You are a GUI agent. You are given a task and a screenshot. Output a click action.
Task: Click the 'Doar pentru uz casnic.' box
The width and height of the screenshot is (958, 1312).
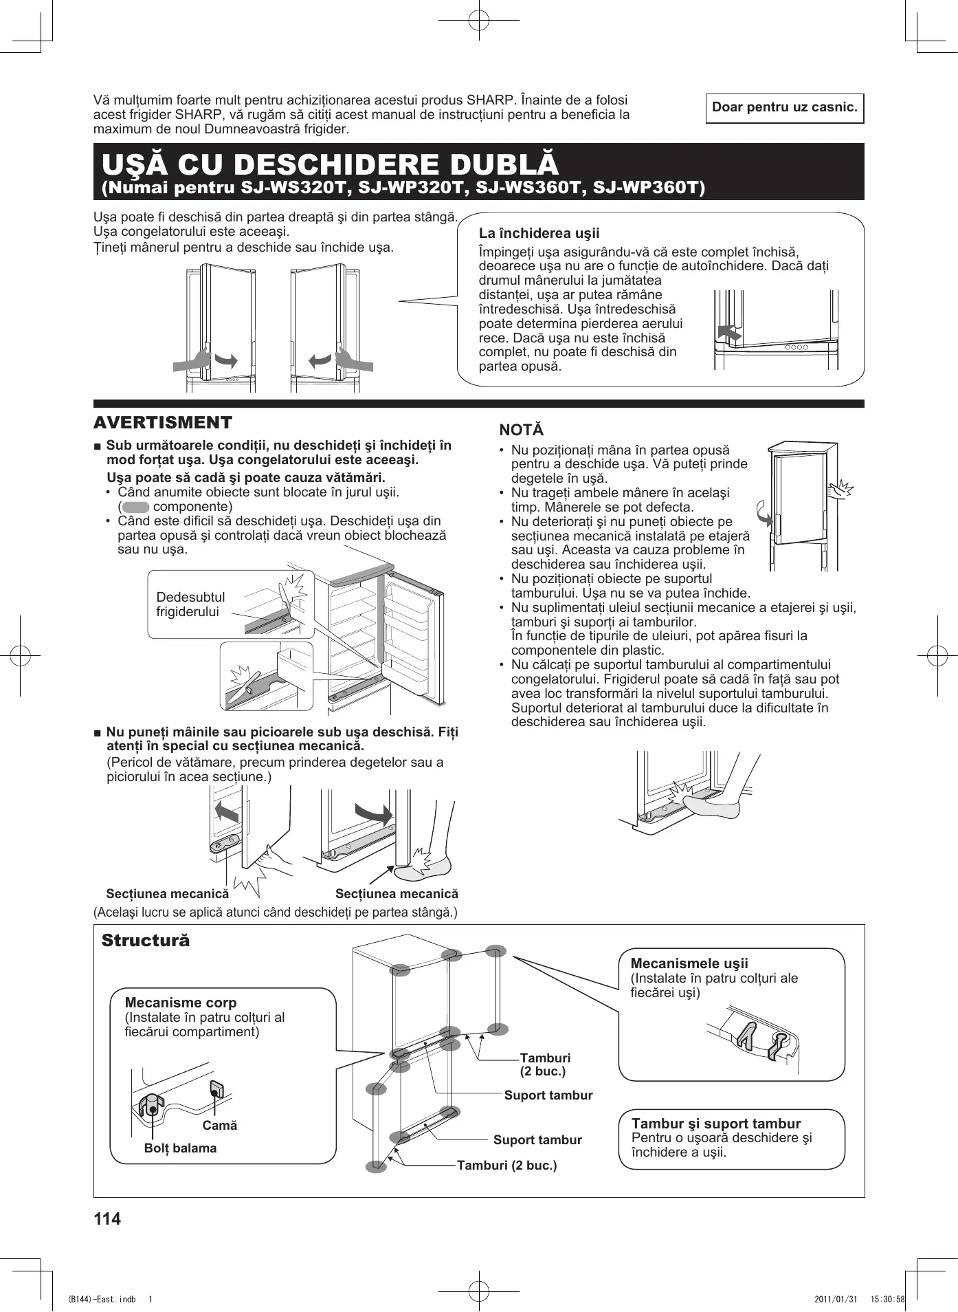tap(784, 108)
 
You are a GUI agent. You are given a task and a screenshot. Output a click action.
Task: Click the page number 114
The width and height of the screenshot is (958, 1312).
tap(107, 1219)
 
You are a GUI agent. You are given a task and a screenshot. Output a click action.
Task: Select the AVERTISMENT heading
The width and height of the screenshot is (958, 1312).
tap(164, 422)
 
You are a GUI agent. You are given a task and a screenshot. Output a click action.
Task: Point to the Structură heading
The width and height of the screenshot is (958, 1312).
tap(146, 941)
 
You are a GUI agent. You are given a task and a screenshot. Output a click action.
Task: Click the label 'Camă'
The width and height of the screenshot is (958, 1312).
tap(220, 1126)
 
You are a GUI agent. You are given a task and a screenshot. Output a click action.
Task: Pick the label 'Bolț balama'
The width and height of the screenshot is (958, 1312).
tap(180, 1148)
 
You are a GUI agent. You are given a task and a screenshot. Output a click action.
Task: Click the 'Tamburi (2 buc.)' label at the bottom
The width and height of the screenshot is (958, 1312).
tap(506, 1166)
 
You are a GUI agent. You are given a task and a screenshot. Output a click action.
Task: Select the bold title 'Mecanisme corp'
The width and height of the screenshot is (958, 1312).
tap(181, 1003)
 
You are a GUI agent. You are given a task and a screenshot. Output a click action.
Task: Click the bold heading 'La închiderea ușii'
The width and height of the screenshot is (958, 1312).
tap(539, 234)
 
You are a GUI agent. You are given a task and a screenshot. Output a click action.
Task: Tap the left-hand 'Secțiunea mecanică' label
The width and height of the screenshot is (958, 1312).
tap(167, 894)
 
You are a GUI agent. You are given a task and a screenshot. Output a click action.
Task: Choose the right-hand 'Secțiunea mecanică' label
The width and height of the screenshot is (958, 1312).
tap(397, 894)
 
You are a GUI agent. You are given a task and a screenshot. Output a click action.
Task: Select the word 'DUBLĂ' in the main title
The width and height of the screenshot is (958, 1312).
tap(486, 165)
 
